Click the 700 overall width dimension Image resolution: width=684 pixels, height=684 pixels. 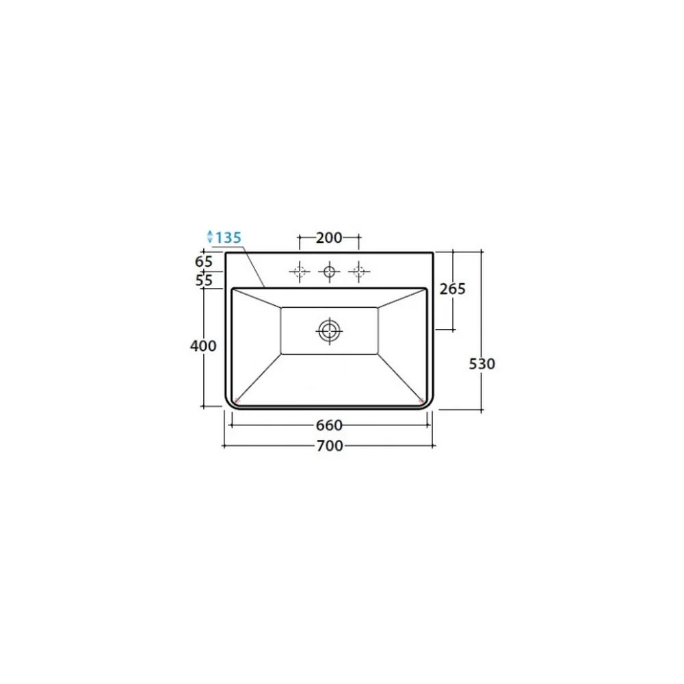[330, 446]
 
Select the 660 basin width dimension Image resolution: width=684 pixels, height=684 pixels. [330, 425]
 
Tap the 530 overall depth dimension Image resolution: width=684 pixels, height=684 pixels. [482, 364]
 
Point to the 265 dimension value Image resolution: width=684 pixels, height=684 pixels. [453, 289]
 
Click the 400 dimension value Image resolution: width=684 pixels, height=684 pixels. [203, 346]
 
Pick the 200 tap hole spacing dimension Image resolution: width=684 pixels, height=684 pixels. [329, 238]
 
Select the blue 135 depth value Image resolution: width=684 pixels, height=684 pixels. [228, 238]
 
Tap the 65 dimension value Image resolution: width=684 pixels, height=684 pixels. [204, 262]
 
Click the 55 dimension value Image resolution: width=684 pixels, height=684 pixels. [204, 280]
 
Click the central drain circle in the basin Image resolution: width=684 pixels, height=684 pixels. [330, 330]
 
